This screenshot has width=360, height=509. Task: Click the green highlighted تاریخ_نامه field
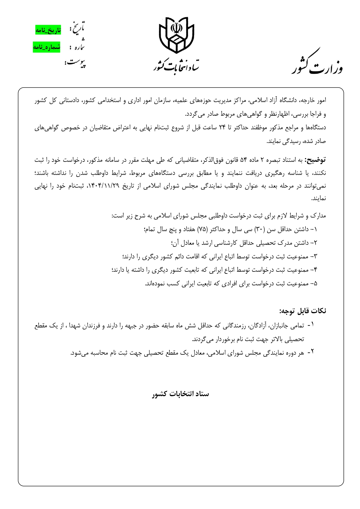[x=48, y=30]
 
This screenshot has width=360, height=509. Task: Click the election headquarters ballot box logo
[x=176, y=35]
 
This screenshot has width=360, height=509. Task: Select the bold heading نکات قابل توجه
[x=303, y=311]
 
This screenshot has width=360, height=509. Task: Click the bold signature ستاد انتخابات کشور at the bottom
[x=180, y=394]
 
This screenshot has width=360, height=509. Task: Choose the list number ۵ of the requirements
[x=315, y=283]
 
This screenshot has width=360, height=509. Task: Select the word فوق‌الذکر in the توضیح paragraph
[x=209, y=160]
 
